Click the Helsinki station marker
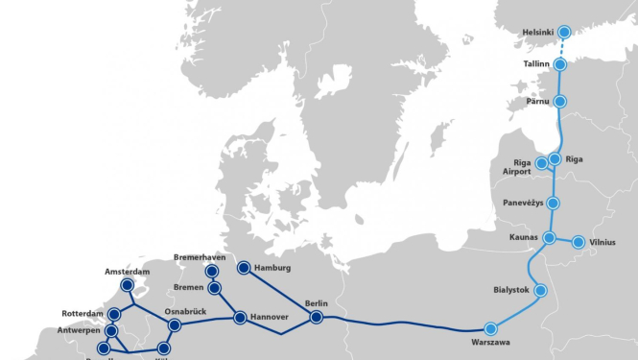(x=565, y=32)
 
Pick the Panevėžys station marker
(x=553, y=204)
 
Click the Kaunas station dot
(x=550, y=237)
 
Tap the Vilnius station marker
(x=579, y=242)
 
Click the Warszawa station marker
(x=492, y=327)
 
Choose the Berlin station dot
(x=316, y=317)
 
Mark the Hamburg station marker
(x=244, y=268)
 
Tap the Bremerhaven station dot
(x=211, y=272)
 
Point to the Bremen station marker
(x=215, y=288)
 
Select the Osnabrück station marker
(x=175, y=325)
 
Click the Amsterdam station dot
(x=127, y=285)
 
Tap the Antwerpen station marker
(x=110, y=330)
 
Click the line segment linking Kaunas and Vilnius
(x=564, y=240)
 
